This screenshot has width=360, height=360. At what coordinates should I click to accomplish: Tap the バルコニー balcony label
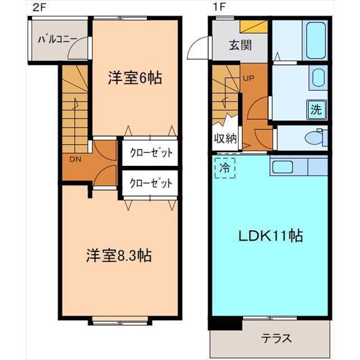coord(57,40)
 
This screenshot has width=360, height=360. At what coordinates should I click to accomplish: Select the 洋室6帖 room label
coord(135,78)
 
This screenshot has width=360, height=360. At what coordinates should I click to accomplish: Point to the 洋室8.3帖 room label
coord(118,255)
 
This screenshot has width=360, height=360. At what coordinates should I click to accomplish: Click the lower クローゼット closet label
coord(150,183)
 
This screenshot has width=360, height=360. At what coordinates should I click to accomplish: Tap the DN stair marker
coord(75,159)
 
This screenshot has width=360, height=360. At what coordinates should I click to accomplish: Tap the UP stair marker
coord(249,78)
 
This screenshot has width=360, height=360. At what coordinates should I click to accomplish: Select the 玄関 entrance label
coord(241,46)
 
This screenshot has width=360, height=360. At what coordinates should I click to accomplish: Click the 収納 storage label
coord(224,139)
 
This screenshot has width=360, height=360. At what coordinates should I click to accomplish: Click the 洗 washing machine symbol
coord(317,109)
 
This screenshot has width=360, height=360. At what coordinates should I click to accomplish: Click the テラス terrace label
coord(276,339)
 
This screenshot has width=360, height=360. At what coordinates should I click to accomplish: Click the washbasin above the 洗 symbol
coord(318,78)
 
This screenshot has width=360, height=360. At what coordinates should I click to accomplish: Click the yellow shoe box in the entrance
coord(253,26)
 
